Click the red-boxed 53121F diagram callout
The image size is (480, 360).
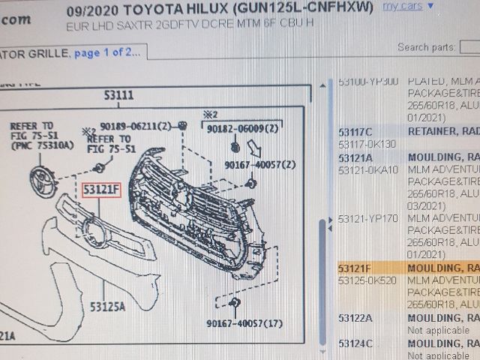pos(101,190)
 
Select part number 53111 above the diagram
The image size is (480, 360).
pos(118,96)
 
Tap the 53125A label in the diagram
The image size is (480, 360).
pos(108,305)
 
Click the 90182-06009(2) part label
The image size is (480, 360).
pos(241,129)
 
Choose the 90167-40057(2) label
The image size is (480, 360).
pos(259,164)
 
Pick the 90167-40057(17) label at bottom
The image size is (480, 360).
pos(245,323)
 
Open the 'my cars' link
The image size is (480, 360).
pos(402,7)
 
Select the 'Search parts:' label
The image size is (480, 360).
pos(424,46)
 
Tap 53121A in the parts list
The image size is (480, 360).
pos(355,157)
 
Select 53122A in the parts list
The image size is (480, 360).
pos(355,318)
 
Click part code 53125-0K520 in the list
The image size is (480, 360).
pos(367,280)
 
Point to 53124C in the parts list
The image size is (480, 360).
pos(355,343)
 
